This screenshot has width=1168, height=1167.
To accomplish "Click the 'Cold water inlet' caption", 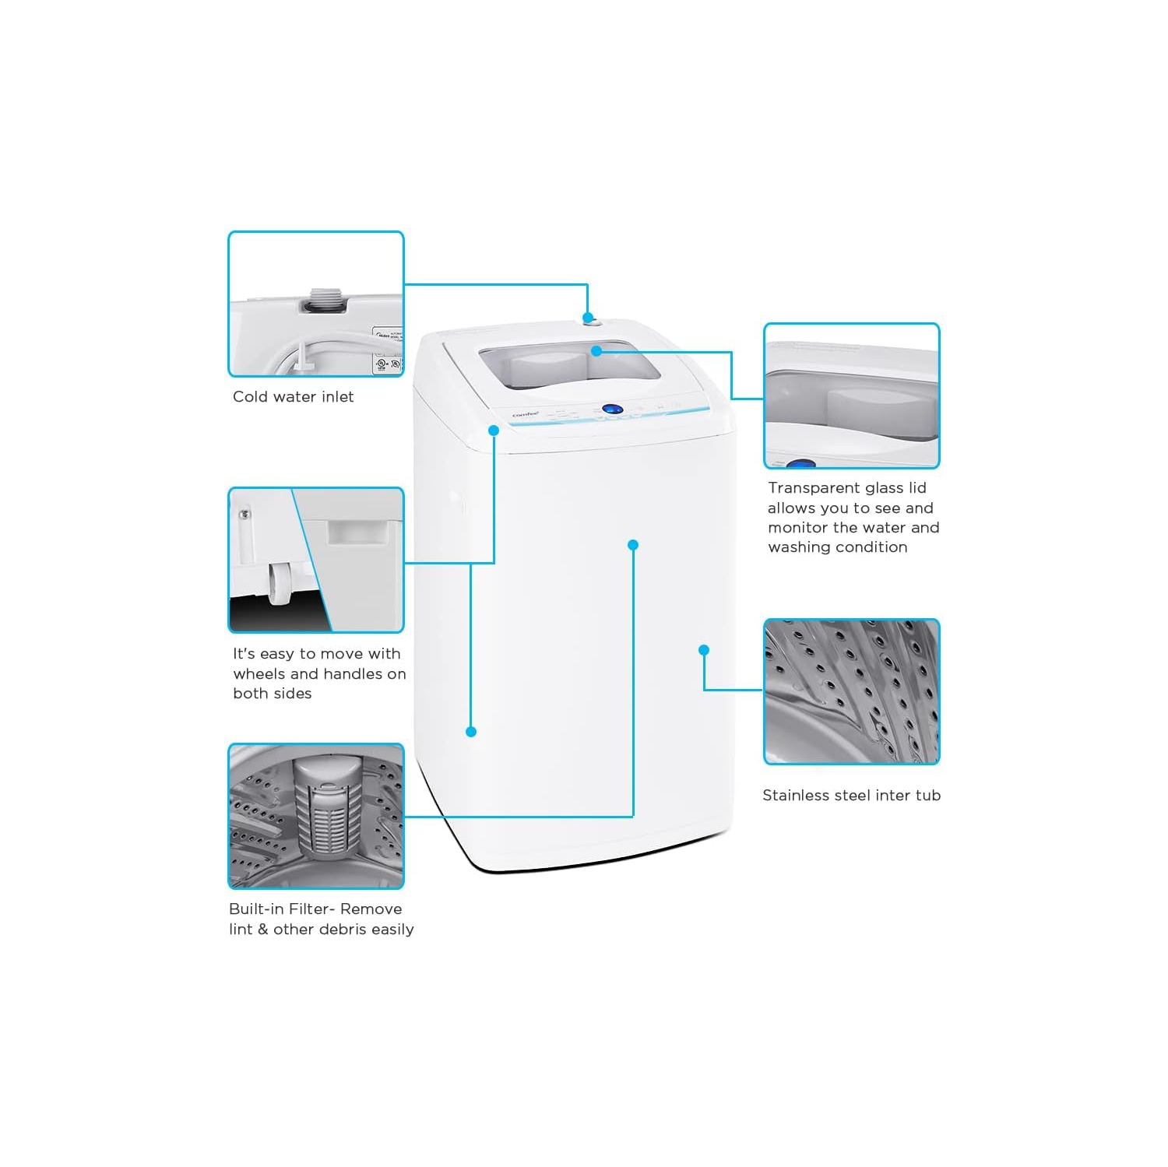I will (x=293, y=397).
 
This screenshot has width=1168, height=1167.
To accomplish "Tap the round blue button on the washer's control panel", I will (x=612, y=409).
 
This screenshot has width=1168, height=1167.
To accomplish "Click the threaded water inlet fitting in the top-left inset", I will (x=320, y=300).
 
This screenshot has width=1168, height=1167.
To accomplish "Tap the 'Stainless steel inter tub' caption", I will (x=851, y=796).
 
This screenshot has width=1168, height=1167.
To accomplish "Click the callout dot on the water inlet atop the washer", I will (x=588, y=318).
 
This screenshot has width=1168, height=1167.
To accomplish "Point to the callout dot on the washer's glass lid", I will (x=596, y=351).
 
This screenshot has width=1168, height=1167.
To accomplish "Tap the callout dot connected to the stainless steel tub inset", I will (x=704, y=650).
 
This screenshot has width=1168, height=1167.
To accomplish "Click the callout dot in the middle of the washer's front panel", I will (x=633, y=545).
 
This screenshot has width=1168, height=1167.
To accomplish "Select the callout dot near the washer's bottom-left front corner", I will (x=470, y=732).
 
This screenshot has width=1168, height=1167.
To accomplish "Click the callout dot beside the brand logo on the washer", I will (x=494, y=430).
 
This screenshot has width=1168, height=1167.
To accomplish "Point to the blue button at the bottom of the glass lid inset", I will (x=800, y=464).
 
